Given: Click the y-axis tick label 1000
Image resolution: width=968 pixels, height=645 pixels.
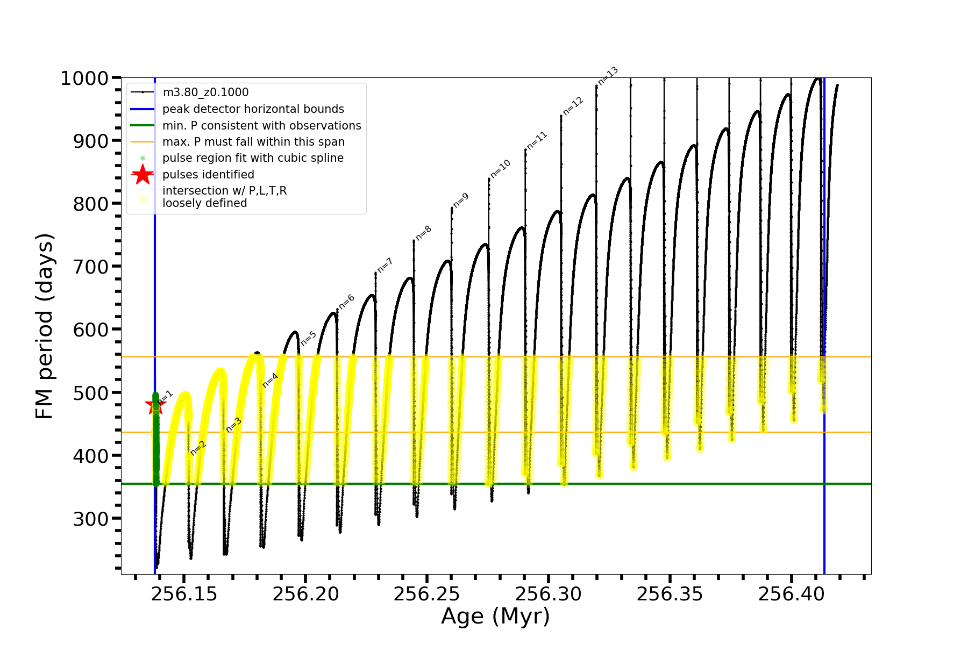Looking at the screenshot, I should point(84,78).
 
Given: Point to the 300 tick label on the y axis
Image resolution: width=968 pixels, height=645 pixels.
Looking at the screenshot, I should point(90,519).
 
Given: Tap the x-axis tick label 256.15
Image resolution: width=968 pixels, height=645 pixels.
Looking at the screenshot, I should point(184,594).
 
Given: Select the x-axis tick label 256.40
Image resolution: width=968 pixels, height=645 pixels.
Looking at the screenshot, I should point(791,594).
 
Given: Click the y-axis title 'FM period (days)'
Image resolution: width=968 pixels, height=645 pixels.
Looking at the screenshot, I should point(45,326).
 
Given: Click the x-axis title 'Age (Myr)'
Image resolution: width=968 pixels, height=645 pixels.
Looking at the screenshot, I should point(495,617).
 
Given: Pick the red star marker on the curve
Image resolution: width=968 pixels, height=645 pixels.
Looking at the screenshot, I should point(155,406).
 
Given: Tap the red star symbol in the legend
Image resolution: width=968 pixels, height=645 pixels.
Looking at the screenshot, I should point(143,175).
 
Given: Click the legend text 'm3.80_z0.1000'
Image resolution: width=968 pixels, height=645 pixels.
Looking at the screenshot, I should point(205,92).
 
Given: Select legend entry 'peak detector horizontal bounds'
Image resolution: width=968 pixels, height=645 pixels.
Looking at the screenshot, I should point(253,109).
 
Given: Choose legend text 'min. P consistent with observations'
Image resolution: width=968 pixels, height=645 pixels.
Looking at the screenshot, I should point(262,126).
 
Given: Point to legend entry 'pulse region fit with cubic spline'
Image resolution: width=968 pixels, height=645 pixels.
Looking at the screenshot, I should point(253,158).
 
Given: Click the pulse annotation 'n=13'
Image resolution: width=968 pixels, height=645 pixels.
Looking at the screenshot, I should point(608,76).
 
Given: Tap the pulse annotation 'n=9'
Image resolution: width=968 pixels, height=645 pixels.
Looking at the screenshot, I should point(461,200).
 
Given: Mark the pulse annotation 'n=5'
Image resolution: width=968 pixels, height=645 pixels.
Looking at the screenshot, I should point(309,338).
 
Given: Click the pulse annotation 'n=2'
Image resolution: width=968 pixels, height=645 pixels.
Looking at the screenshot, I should point(198,448).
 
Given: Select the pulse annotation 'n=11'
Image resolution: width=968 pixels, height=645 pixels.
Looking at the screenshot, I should point(537,140).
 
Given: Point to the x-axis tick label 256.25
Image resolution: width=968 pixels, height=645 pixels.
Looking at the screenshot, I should point(427,594).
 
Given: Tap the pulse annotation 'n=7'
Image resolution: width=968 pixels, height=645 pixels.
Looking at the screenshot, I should point(385,265).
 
